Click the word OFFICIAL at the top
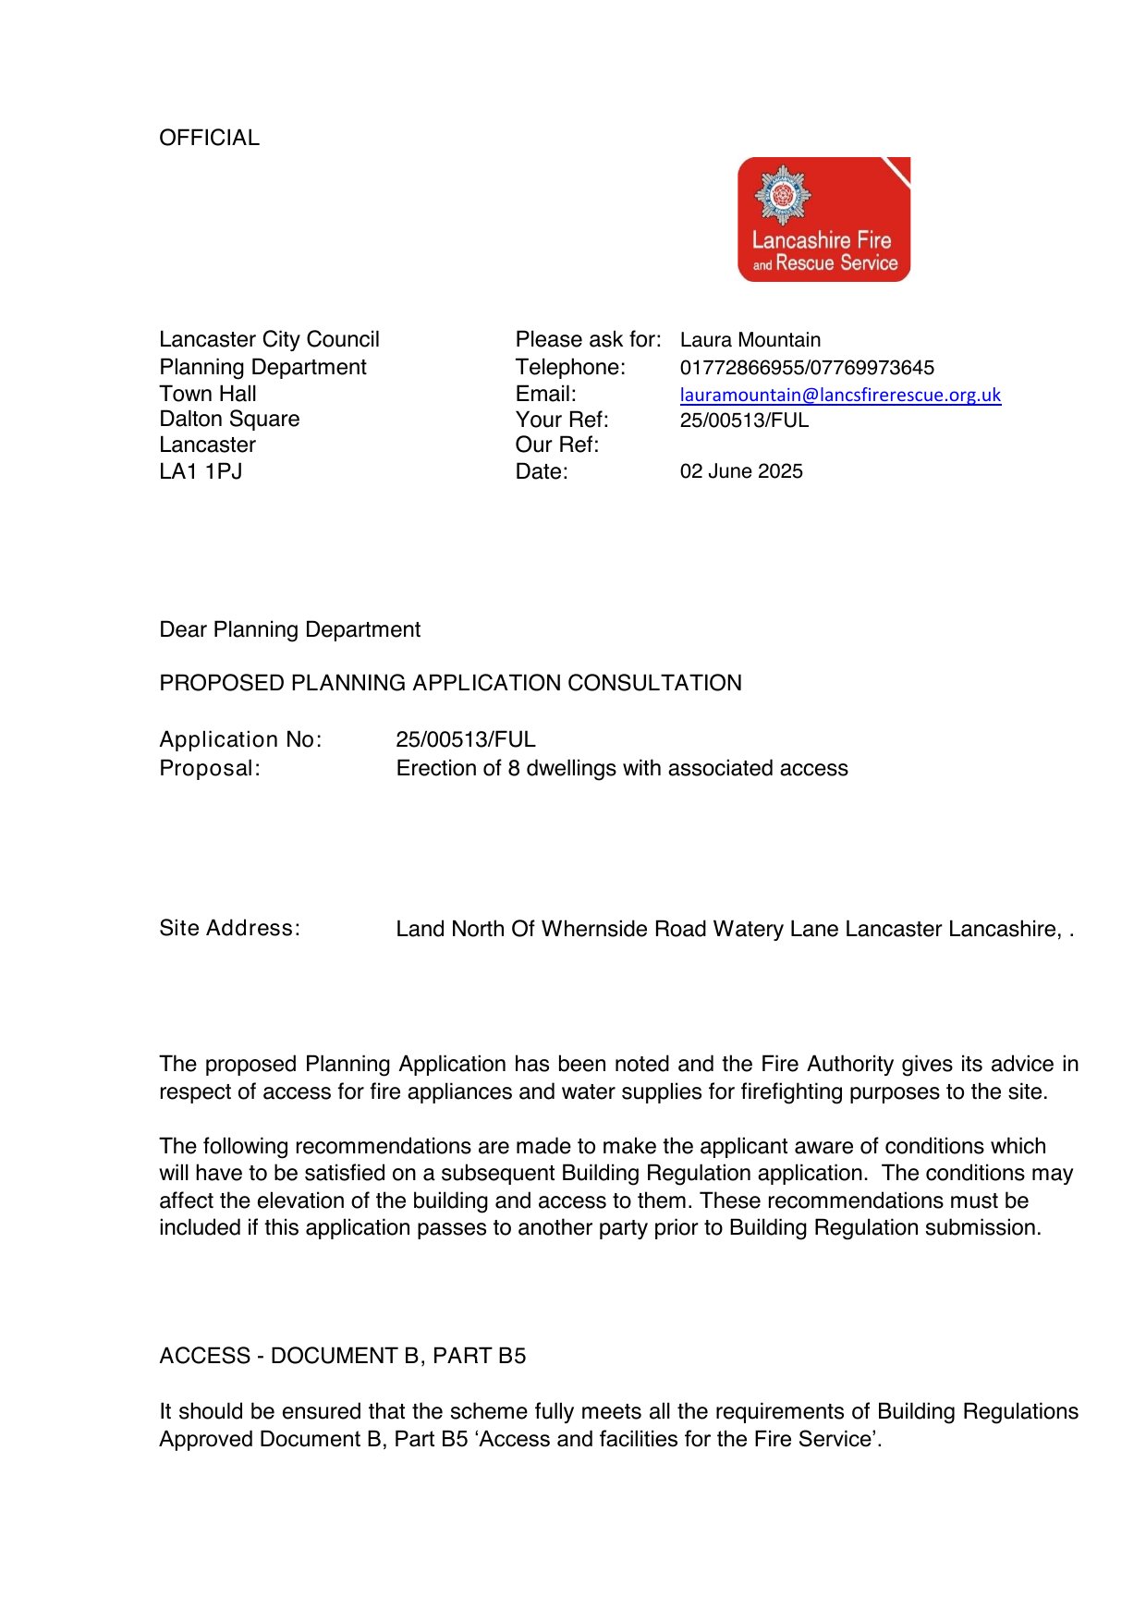(x=209, y=138)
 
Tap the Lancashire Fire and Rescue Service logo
(x=823, y=220)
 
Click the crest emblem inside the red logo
(x=783, y=194)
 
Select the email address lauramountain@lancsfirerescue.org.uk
(x=840, y=395)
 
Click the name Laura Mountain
(x=750, y=340)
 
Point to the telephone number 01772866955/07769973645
(x=807, y=368)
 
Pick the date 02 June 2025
(x=741, y=471)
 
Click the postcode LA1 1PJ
(x=201, y=471)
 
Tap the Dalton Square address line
(x=229, y=419)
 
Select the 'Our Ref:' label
(x=556, y=445)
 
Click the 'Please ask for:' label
(x=588, y=340)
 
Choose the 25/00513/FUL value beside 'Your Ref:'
(x=744, y=420)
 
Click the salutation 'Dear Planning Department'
(x=289, y=629)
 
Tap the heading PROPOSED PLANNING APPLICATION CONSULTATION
(x=450, y=683)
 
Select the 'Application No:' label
(x=240, y=739)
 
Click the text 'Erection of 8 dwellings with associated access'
(x=621, y=768)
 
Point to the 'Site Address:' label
(x=229, y=928)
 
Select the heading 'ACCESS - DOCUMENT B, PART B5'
(x=342, y=1356)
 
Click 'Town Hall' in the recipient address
(x=207, y=393)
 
